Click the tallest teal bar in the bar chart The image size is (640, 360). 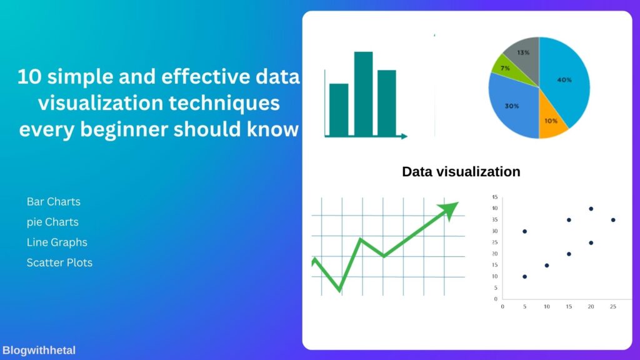[363, 94]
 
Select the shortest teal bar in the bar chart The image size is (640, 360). [339, 110]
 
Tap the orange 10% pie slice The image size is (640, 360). [552, 118]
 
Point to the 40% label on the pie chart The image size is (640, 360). [564, 80]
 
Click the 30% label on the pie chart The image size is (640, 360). [512, 106]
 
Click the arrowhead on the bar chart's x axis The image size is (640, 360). [404, 136]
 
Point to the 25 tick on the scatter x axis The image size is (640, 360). [613, 306]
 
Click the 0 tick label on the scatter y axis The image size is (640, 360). [496, 299]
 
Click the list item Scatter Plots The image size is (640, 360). [59, 262]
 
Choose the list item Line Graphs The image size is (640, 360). [57, 242]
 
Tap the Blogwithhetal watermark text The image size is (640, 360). [39, 350]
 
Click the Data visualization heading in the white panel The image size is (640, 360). [461, 171]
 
